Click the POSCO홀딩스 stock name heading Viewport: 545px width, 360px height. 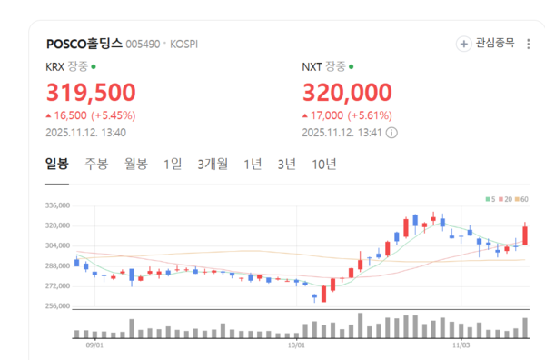(x=84, y=43)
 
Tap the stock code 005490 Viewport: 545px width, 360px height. (x=142, y=44)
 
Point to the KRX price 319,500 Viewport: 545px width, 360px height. (x=91, y=92)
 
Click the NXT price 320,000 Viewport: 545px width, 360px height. (x=347, y=92)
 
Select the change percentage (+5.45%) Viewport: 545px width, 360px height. (x=116, y=115)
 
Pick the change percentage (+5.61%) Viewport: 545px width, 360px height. (x=372, y=115)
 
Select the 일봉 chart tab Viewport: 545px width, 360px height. (x=57, y=165)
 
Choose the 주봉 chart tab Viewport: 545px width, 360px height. (x=96, y=165)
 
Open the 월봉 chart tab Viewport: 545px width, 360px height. (x=136, y=165)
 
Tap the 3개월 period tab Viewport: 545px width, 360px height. (x=213, y=165)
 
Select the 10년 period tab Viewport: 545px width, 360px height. (x=324, y=165)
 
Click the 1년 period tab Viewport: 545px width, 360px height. (x=253, y=165)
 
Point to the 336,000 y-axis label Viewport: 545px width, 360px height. (x=57, y=205)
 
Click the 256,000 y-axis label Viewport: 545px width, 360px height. (x=57, y=306)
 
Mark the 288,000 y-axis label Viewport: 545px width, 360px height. (x=57, y=266)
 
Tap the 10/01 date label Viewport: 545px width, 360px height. (x=296, y=345)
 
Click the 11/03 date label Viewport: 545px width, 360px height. (x=461, y=345)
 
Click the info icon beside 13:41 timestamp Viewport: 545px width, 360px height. (x=391, y=132)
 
